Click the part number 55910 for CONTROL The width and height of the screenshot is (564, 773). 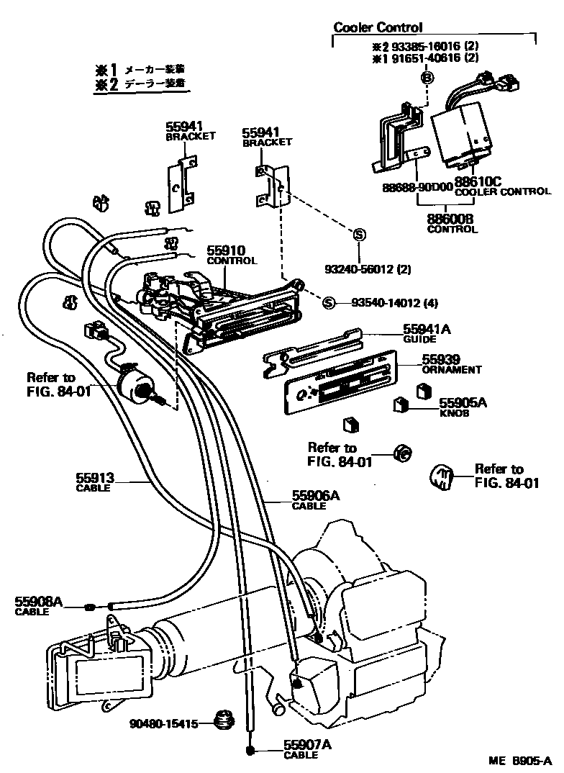[x=227, y=251]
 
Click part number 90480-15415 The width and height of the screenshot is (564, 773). [x=163, y=723]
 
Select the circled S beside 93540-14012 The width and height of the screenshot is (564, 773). [x=329, y=302]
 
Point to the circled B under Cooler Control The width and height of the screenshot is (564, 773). [x=426, y=78]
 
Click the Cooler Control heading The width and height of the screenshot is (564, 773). [x=378, y=28]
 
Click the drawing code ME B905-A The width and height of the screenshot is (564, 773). [x=514, y=761]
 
